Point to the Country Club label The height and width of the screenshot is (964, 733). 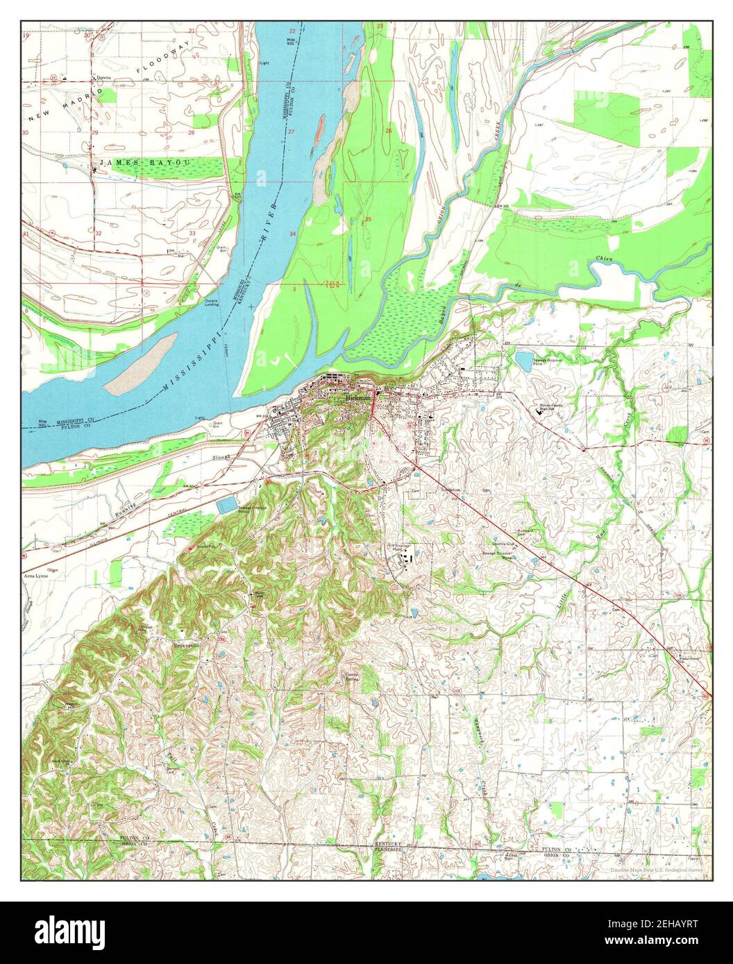point(503,544)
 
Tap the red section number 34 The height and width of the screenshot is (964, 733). point(292,234)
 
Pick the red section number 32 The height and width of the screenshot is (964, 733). point(99,234)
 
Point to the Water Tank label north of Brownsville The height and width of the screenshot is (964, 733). point(259,594)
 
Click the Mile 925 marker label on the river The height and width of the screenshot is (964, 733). point(292,42)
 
